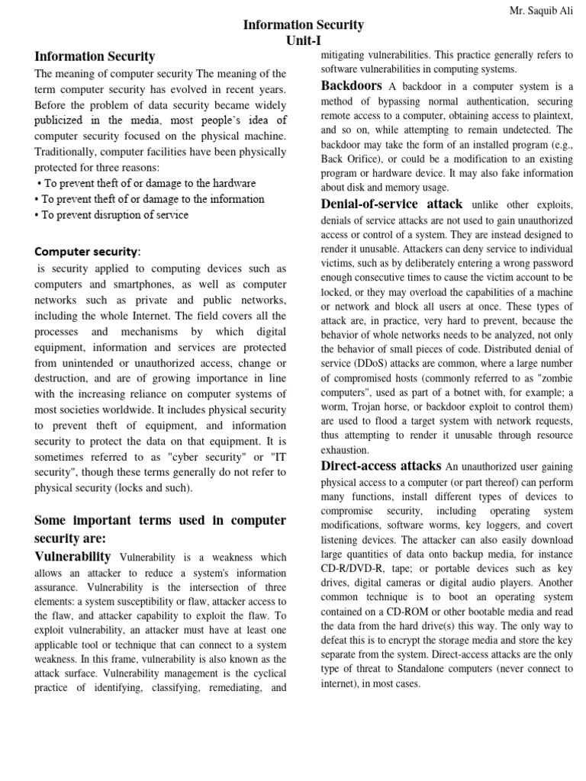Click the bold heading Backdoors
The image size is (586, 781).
[x=351, y=85]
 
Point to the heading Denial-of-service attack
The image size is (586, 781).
[x=391, y=204]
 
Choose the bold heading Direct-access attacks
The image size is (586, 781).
[x=381, y=465]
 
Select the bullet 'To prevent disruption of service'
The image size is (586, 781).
[x=115, y=214]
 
